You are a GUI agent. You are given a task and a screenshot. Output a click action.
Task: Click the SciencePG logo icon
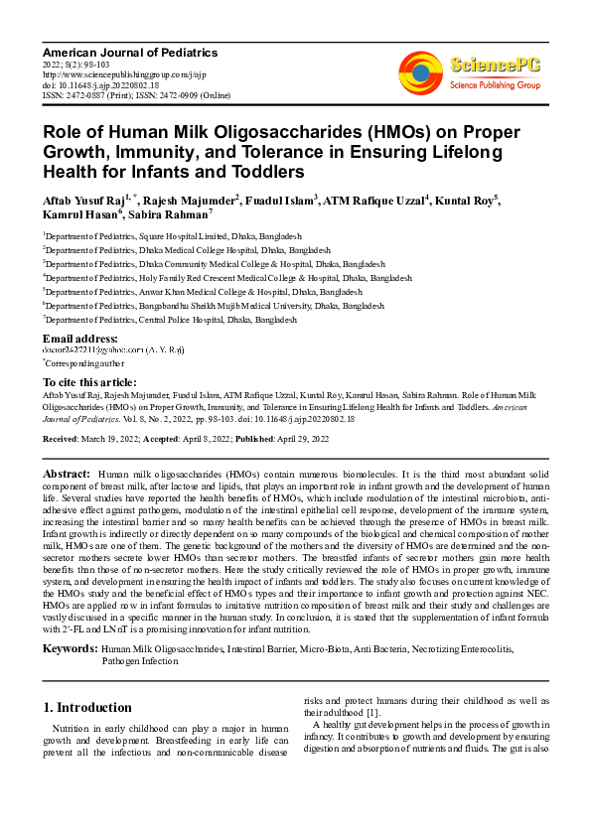pyautogui.click(x=420, y=73)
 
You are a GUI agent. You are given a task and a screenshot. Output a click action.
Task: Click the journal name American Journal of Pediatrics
pyautogui.click(x=130, y=52)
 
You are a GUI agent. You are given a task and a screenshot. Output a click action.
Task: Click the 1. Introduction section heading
pyautogui.click(x=87, y=707)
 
